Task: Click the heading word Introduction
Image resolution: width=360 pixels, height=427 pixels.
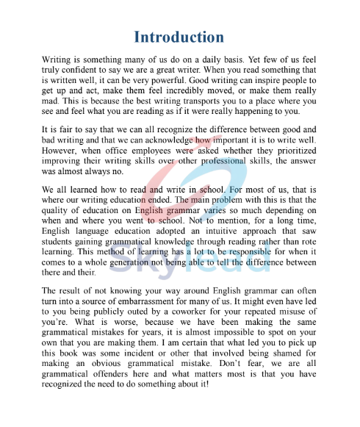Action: tap(179, 37)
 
